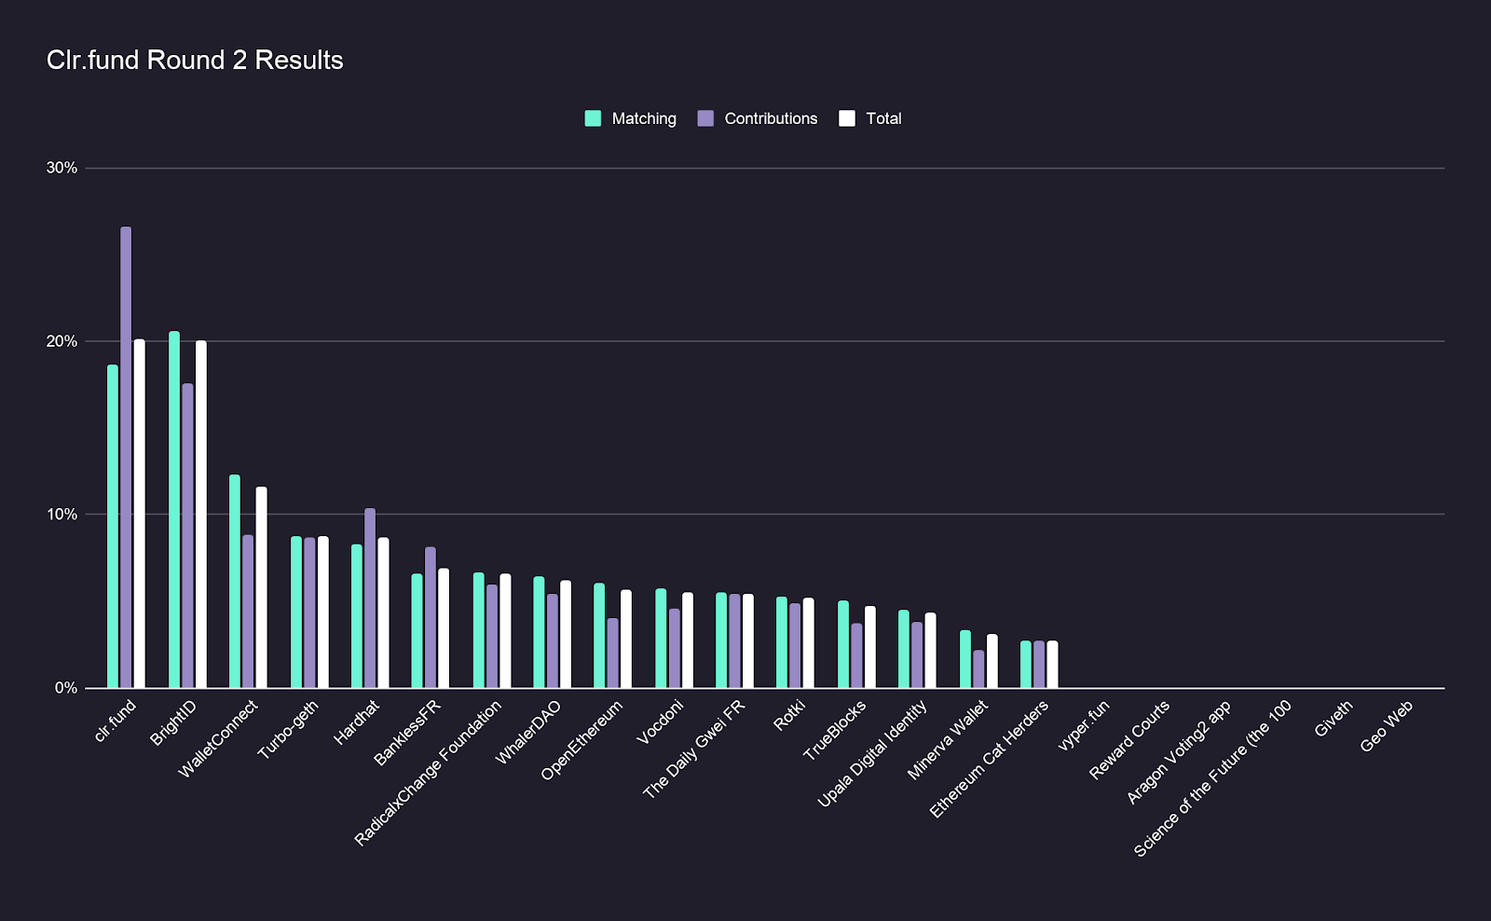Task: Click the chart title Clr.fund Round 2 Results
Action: pyautogui.click(x=195, y=61)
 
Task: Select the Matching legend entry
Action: pyautogui.click(x=631, y=118)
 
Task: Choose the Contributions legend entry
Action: pyautogui.click(x=758, y=118)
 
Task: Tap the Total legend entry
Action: pyautogui.click(x=870, y=118)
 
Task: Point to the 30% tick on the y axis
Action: pyautogui.click(x=62, y=168)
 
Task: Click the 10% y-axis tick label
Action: pyautogui.click(x=62, y=515)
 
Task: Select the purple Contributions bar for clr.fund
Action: pyautogui.click(x=126, y=457)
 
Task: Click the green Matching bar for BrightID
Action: pyautogui.click(x=174, y=509)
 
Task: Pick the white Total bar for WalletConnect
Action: pyautogui.click(x=262, y=587)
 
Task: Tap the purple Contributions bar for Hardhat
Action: pyautogui.click(x=370, y=598)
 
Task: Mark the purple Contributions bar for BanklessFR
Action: pyautogui.click(x=431, y=617)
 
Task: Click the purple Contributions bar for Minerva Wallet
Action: pyautogui.click(x=978, y=669)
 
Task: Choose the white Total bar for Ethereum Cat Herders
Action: pyautogui.click(x=1052, y=665)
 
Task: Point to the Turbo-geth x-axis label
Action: pyautogui.click(x=288, y=730)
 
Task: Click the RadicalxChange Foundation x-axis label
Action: pyautogui.click(x=428, y=773)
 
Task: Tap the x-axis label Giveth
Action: pyautogui.click(x=1333, y=720)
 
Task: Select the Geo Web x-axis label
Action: pyautogui.click(x=1387, y=726)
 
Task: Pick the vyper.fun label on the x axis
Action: pyautogui.click(x=1084, y=726)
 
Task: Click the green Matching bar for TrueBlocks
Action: pyautogui.click(x=843, y=644)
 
